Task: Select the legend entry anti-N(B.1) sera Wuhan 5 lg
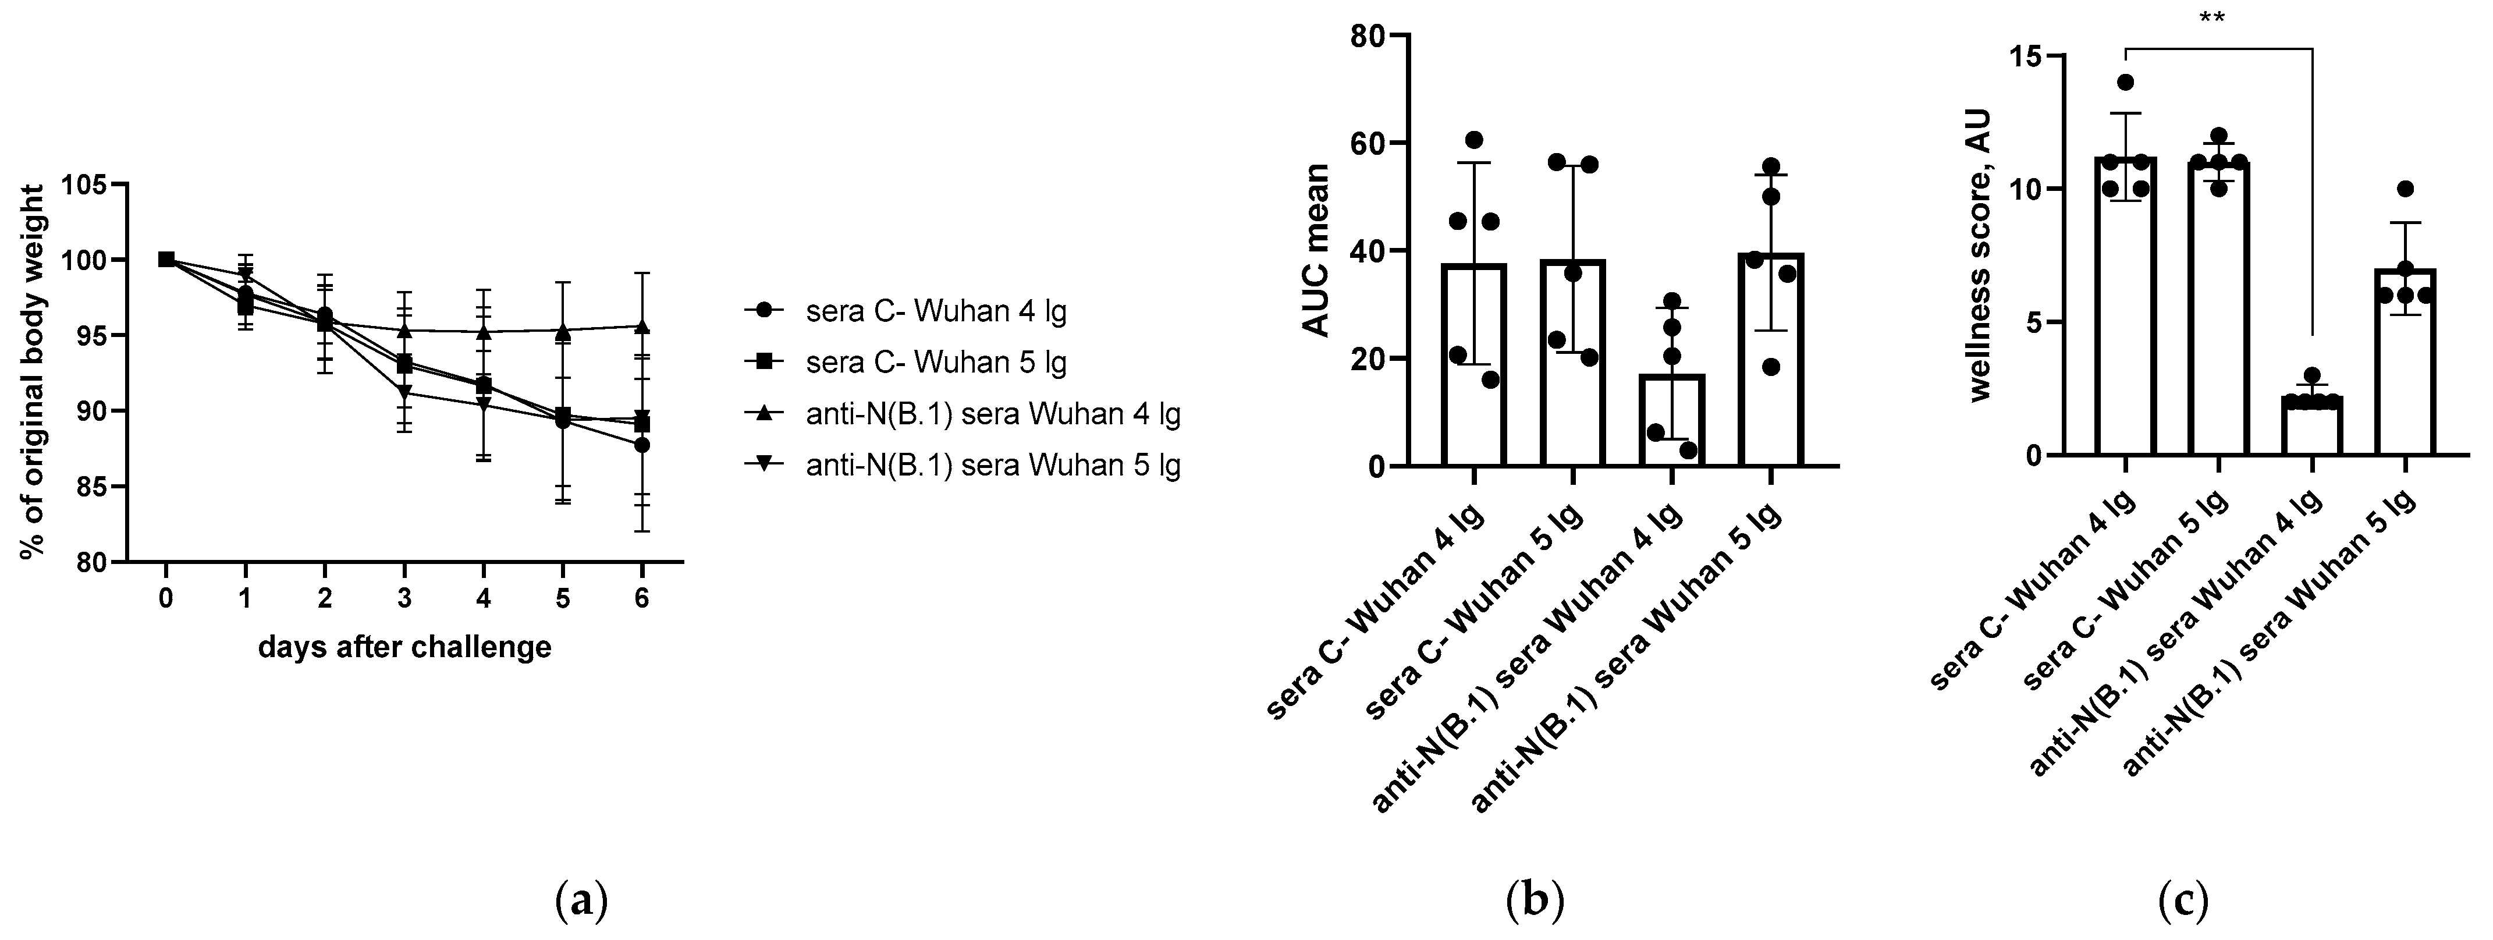[x=992, y=466]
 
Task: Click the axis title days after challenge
[x=404, y=647]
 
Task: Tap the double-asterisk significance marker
[x=2218, y=19]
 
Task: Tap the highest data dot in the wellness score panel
[x=2125, y=82]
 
